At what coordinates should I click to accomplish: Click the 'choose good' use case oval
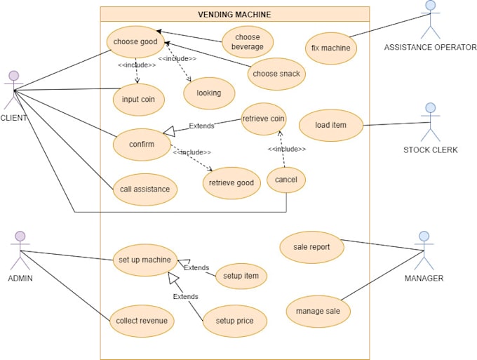135,42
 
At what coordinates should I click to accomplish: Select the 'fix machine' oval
330,48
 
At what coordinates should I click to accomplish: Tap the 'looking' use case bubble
209,93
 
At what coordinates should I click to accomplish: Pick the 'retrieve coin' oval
264,119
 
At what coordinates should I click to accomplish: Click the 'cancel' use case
286,180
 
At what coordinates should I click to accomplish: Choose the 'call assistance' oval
145,189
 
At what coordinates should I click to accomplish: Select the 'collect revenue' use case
142,321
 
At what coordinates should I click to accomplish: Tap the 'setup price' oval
235,321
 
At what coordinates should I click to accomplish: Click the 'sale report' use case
312,247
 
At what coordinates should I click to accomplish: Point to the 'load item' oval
331,125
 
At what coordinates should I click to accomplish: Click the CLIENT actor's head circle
14,76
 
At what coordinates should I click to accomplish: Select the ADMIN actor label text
20,278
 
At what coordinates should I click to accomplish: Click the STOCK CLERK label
431,149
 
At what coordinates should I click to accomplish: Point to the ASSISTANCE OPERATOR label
430,47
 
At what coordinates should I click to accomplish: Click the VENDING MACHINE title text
234,15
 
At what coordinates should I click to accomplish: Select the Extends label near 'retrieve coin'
201,126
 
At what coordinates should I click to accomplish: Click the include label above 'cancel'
287,149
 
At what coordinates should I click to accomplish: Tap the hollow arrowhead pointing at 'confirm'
169,131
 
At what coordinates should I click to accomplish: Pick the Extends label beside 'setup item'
196,268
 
